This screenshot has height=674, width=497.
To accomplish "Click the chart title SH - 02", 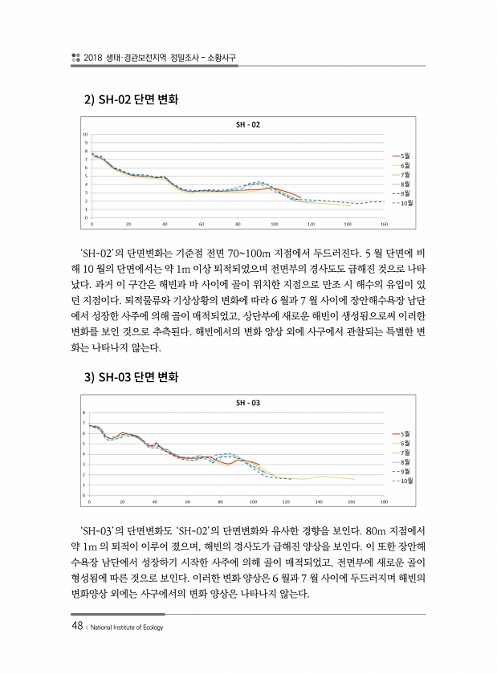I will pyautogui.click(x=248, y=124).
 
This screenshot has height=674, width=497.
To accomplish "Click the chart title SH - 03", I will pyautogui.click(x=248, y=402).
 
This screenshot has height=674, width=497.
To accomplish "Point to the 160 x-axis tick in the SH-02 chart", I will pyautogui.click(x=385, y=224).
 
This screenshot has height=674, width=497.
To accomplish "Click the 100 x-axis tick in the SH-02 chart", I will pyautogui.click(x=275, y=224).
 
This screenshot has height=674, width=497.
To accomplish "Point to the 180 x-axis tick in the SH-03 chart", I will pyautogui.click(x=384, y=501).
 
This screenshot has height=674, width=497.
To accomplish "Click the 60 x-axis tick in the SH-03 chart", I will pyautogui.click(x=187, y=501).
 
